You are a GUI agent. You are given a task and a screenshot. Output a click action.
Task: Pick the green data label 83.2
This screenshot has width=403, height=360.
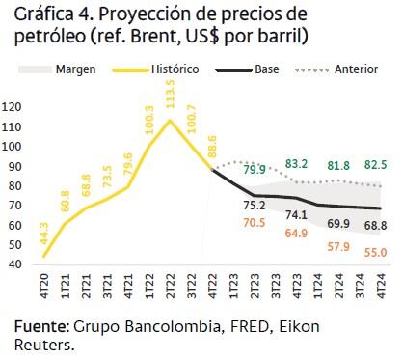tap(297, 164)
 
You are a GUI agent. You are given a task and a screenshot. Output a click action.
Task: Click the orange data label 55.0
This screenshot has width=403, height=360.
tap(376, 252)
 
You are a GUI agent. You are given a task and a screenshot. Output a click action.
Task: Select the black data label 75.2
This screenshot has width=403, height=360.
tap(254, 206)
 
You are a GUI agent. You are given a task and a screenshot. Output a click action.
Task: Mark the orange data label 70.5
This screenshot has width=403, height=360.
tap(254, 222)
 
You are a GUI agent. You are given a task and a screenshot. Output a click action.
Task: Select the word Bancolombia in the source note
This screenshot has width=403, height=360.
tap(160, 327)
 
